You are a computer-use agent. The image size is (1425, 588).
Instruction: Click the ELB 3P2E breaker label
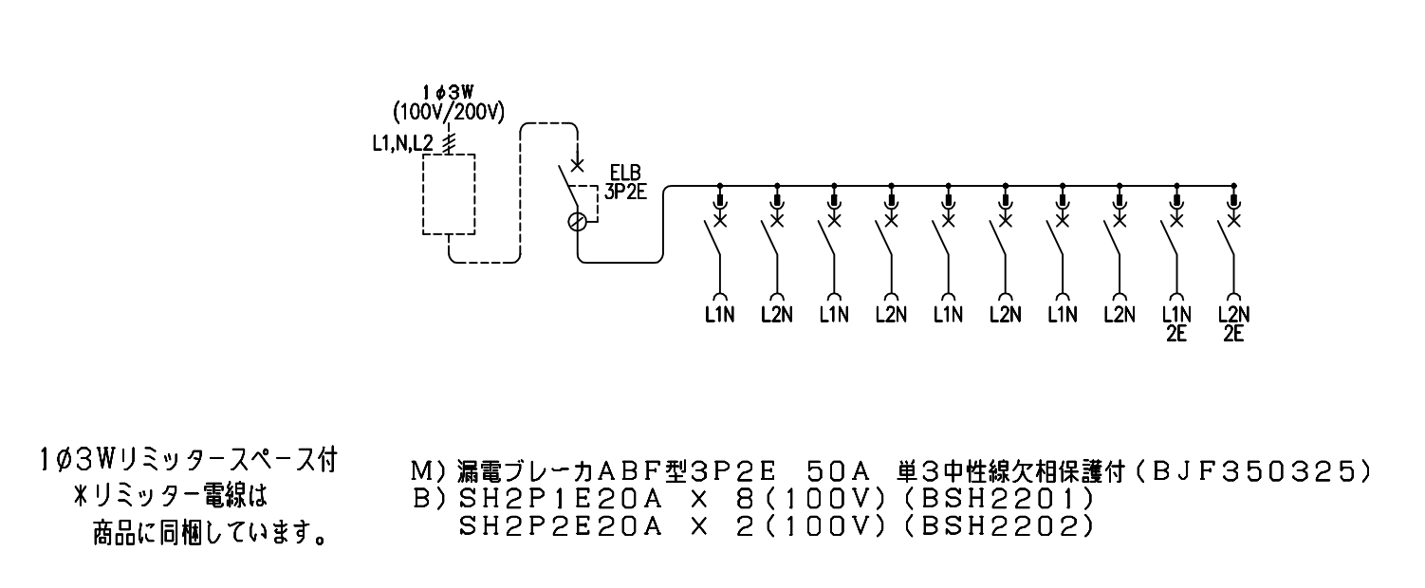[x=625, y=182]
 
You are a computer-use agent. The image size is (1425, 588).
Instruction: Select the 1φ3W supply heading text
[x=448, y=93]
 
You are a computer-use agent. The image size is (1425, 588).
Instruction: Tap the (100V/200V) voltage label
[x=449, y=113]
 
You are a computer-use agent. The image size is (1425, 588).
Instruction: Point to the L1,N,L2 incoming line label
[x=402, y=144]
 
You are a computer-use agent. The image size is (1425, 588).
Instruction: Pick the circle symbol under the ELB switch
[x=577, y=222]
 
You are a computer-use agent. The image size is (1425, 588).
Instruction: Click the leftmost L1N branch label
[x=719, y=315]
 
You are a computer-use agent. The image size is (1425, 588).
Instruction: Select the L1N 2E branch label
[x=1176, y=324]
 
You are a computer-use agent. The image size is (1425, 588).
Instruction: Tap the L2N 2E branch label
[x=1233, y=324]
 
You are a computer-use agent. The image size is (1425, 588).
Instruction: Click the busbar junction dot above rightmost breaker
[x=1233, y=186]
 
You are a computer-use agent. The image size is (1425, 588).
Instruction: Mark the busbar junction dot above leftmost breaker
[x=719, y=186]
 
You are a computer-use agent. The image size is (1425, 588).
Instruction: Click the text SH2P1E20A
[x=560, y=499]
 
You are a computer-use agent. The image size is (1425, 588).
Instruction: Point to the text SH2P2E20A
[x=560, y=526]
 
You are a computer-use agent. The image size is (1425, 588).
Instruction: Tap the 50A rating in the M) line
[x=837, y=471]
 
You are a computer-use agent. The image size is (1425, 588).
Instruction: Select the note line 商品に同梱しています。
[x=210, y=533]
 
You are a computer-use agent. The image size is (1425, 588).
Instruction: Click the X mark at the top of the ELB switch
[x=577, y=165]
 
